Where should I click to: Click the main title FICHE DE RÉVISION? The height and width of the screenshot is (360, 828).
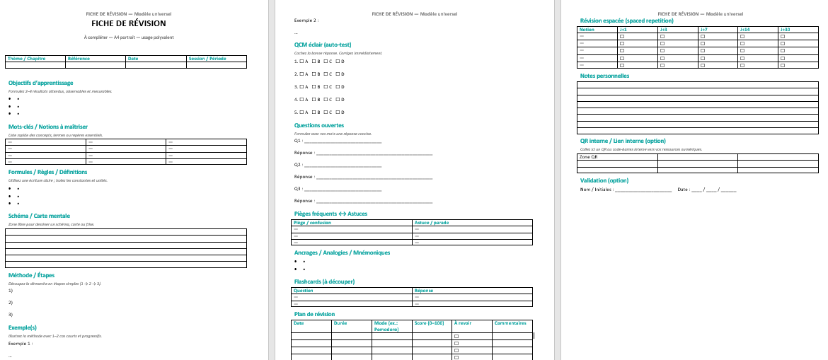[127, 23]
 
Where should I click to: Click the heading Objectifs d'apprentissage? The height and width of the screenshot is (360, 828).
[40, 83]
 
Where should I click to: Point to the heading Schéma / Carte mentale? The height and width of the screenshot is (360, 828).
[39, 216]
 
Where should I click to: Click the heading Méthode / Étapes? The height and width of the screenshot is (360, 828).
[31, 275]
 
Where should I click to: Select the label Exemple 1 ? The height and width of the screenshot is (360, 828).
[20, 343]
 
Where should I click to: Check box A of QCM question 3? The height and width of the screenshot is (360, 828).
[301, 86]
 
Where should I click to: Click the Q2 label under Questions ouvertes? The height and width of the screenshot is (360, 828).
[298, 164]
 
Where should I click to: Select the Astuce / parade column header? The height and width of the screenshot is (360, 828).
[432, 223]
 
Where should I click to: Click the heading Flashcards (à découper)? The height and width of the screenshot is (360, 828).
[324, 281]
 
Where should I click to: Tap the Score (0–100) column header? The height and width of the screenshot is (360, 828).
[428, 323]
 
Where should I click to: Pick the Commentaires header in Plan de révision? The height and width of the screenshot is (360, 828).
[510, 323]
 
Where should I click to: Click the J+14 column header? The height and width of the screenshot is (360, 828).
[745, 30]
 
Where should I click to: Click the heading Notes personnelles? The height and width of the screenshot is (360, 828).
[604, 76]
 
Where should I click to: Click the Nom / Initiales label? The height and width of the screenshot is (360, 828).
[597, 190]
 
